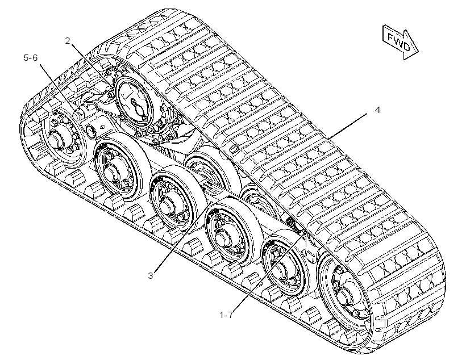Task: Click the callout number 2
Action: [68, 41]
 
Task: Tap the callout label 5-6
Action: [31, 57]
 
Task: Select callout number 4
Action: [377, 110]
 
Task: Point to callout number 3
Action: [151, 275]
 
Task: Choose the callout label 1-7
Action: [226, 315]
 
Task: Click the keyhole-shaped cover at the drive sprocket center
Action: [138, 107]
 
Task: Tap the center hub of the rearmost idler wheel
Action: [56, 138]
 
